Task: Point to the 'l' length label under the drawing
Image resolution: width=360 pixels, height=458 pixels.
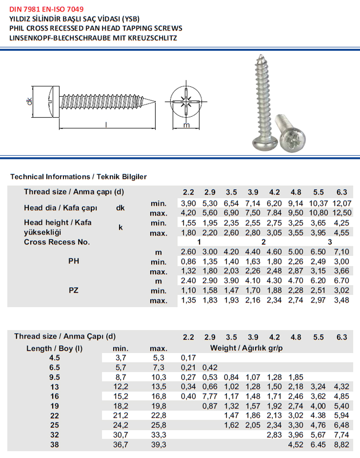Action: (107, 125)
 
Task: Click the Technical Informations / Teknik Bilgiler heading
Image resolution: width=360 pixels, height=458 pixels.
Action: (78, 177)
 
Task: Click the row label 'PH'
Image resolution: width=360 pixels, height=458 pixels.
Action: (74, 261)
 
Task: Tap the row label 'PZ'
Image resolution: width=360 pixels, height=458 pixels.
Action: (74, 290)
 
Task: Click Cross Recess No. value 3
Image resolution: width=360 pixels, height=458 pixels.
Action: (330, 242)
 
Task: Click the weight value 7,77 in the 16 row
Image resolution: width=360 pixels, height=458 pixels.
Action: (210, 396)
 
